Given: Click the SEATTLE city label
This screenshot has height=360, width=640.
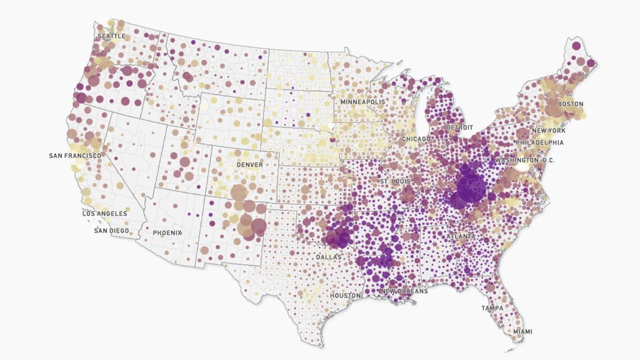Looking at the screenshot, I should click(x=112, y=36).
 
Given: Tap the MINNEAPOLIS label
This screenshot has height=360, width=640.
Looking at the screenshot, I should click(x=363, y=102).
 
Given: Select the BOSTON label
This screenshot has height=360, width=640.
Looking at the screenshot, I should click(x=570, y=104).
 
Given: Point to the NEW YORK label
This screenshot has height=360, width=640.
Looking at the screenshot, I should click(x=548, y=131).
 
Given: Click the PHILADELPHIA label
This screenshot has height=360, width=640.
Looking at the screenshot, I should click(x=540, y=143).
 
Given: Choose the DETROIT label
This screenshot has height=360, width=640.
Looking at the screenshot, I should click(x=459, y=128).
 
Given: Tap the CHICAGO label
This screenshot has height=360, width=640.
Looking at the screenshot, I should click(x=416, y=139).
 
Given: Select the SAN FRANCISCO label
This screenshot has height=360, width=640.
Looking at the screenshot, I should click(x=75, y=156).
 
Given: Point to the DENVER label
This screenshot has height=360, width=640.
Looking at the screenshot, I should click(x=250, y=165).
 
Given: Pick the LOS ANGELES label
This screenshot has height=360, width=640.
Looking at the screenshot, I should click(x=105, y=214).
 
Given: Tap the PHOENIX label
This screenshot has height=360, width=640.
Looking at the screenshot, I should click(x=167, y=233).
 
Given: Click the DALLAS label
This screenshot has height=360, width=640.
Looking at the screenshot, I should click(x=328, y=257).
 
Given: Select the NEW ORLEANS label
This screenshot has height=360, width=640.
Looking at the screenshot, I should click(x=404, y=291).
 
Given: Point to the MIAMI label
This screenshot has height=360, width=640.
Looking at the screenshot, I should click(x=522, y=332).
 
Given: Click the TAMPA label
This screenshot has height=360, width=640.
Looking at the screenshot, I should click(x=492, y=308).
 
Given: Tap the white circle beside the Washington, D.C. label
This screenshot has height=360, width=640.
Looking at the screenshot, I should click(x=523, y=166).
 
